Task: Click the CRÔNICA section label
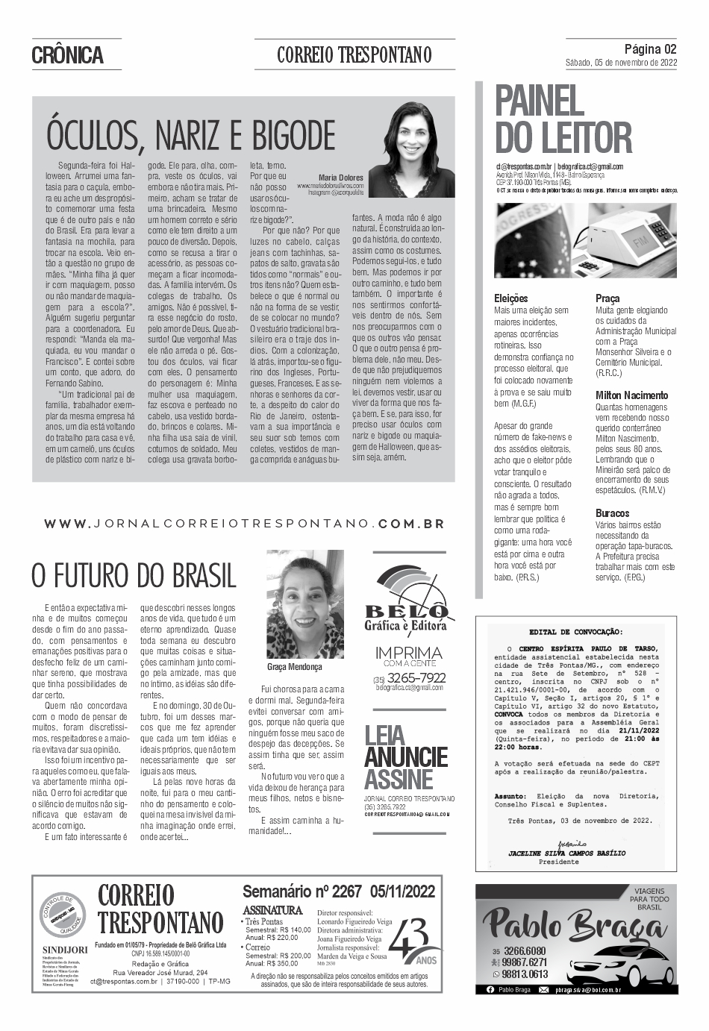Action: (67, 55)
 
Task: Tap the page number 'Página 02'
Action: (650, 49)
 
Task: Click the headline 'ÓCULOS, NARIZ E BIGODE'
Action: (191, 136)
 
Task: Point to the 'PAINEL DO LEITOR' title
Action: (563, 120)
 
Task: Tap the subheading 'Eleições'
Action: (511, 298)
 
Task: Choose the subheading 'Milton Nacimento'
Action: (631, 395)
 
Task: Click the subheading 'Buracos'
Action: (612, 513)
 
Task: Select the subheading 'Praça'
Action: (607, 298)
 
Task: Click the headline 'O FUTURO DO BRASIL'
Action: (134, 576)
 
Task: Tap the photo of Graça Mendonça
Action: (305, 605)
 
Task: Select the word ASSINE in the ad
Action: (399, 780)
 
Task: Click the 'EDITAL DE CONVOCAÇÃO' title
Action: (575, 631)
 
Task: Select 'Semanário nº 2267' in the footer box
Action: (302, 891)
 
